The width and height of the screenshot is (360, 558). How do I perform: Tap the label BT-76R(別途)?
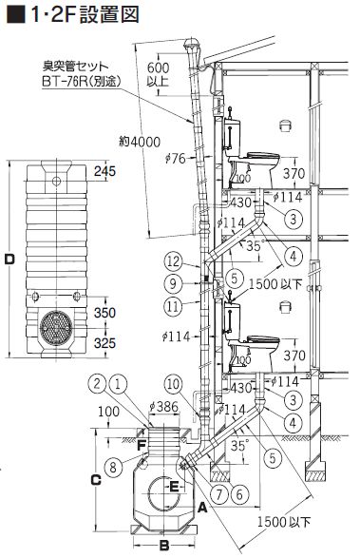click(82, 82)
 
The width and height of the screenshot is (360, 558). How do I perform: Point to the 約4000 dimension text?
click(140, 142)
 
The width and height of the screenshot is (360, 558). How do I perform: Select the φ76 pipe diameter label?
click(176, 158)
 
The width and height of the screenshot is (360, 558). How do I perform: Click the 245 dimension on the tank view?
click(104, 171)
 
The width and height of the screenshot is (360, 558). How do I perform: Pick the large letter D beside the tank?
click(9, 260)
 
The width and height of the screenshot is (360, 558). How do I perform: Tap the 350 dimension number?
click(104, 313)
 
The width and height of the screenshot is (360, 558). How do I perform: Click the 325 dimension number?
click(104, 343)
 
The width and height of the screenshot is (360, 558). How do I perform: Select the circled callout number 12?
click(173, 262)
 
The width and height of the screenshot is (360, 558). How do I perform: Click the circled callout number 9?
click(173, 283)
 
